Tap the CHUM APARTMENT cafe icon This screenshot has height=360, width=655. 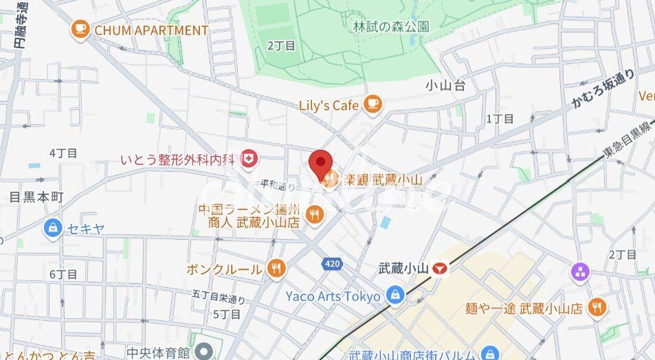(80, 30)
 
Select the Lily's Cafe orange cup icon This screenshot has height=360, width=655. (373, 104)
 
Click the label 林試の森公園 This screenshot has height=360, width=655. (390, 27)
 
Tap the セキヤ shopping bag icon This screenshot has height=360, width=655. (52, 227)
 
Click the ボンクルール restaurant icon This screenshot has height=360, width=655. (276, 268)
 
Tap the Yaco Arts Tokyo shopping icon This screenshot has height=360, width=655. (395, 296)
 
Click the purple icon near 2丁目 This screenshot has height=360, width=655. (580, 271)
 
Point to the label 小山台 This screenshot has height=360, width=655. (445, 86)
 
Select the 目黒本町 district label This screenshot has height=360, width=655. (36, 197)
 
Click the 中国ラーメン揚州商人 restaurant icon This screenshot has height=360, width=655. (315, 214)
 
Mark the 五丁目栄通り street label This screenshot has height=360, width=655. (219, 298)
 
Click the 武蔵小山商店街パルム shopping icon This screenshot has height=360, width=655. (489, 353)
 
